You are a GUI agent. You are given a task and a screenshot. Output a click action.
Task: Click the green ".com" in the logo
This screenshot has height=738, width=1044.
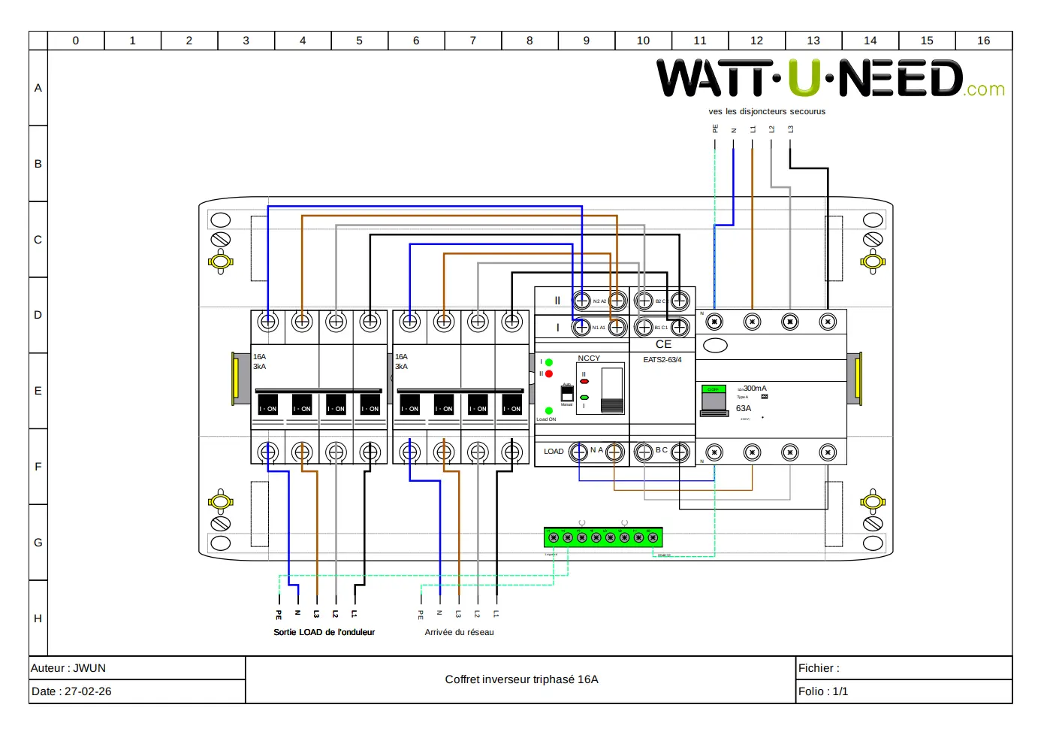click(985, 89)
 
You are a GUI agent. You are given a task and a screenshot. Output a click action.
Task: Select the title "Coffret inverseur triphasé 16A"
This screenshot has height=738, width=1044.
click(521, 679)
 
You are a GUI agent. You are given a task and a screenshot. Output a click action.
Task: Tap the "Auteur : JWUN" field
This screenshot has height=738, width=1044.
click(68, 668)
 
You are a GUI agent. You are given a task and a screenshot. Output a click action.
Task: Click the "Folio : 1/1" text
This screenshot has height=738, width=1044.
click(823, 691)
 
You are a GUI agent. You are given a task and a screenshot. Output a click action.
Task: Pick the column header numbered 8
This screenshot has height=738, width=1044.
click(530, 41)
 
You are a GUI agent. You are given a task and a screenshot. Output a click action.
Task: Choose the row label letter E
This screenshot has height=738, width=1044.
click(38, 391)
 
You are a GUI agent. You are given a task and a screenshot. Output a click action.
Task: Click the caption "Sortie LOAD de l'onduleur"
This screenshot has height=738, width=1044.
click(324, 632)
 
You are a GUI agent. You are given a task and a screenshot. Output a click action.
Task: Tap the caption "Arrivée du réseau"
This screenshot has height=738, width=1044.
click(459, 632)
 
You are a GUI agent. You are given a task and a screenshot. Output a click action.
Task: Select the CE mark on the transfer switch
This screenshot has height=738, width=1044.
click(663, 344)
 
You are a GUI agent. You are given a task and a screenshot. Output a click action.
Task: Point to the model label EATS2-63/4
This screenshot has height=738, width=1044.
click(662, 360)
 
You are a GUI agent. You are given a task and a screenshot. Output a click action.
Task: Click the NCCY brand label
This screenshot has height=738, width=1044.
click(589, 358)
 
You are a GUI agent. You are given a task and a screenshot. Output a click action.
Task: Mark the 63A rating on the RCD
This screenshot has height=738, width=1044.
click(743, 408)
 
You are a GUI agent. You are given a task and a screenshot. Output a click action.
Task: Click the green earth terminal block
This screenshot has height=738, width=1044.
click(603, 537)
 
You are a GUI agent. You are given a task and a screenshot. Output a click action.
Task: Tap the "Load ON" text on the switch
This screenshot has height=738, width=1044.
click(546, 419)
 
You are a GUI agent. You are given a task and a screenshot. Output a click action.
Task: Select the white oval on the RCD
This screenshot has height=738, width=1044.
click(715, 346)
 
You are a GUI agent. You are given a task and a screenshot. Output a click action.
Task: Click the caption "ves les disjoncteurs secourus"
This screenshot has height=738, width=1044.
click(767, 111)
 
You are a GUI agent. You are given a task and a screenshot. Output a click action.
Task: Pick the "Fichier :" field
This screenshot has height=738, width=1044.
click(819, 668)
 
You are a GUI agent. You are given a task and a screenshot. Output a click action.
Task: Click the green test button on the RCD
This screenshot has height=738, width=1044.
click(713, 389)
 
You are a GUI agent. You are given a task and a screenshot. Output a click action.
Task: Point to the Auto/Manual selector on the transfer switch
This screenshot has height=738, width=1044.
click(567, 394)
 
